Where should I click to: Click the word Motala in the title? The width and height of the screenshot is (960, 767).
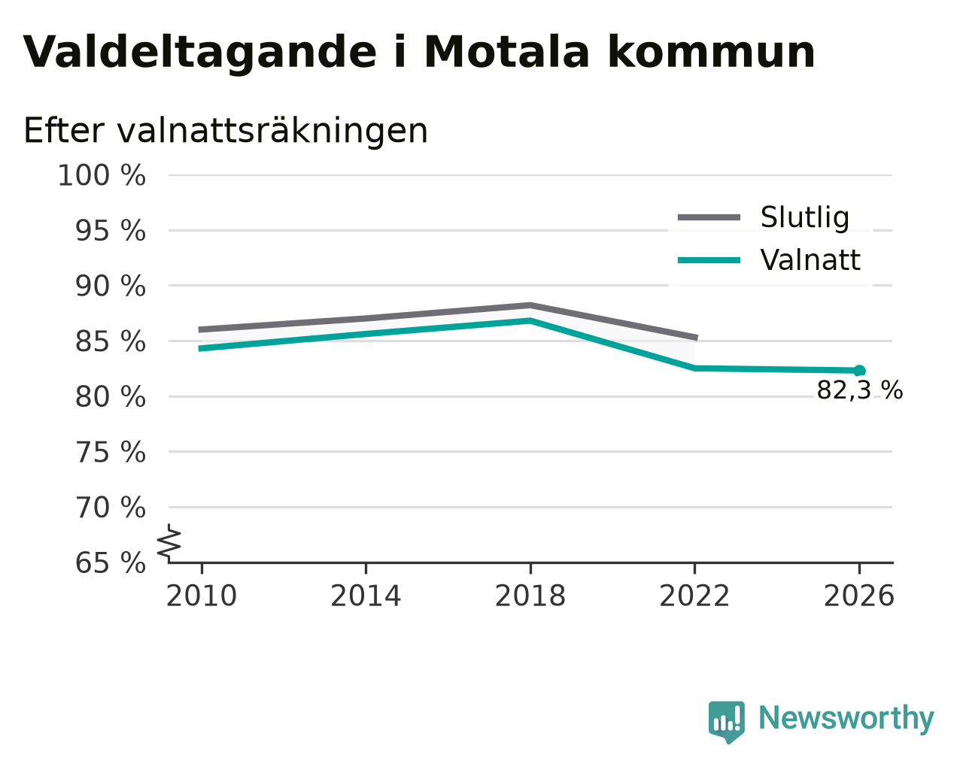point(507,52)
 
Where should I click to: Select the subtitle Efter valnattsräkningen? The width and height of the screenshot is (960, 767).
point(226,131)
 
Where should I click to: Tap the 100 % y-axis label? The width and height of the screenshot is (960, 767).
point(102,175)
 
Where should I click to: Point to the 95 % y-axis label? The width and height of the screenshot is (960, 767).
point(110,231)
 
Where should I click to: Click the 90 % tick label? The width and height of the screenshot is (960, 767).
point(110,286)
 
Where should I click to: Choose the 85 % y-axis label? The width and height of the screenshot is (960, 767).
point(110,341)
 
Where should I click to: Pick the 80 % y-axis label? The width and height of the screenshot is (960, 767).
point(110,397)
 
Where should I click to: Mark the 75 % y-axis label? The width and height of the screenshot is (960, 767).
point(110,452)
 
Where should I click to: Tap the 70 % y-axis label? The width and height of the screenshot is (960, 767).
point(110,508)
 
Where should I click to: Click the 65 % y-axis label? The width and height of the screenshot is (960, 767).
point(110,562)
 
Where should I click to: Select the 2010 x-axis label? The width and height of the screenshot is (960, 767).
point(201,596)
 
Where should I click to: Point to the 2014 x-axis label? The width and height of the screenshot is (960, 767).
point(366,596)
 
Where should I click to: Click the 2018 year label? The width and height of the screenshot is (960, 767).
point(530,596)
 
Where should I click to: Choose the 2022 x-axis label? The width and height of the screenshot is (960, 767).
point(694,596)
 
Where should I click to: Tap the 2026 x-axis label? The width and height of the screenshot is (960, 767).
point(859,596)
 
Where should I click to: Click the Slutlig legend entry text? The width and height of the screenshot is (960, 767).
point(805,218)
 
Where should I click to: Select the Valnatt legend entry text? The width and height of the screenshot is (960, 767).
point(810,259)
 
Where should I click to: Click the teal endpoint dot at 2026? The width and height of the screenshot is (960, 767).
point(860,370)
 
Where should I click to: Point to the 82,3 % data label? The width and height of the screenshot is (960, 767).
point(860,390)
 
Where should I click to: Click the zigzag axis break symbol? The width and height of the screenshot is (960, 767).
point(169,544)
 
